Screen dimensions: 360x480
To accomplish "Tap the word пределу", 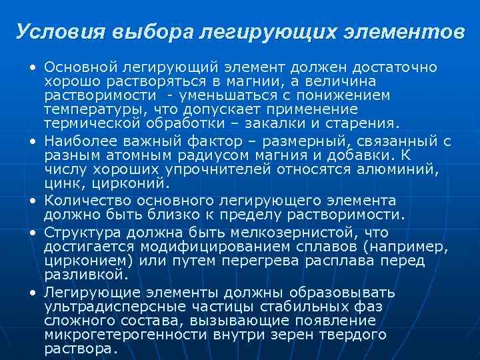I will (260, 214).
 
